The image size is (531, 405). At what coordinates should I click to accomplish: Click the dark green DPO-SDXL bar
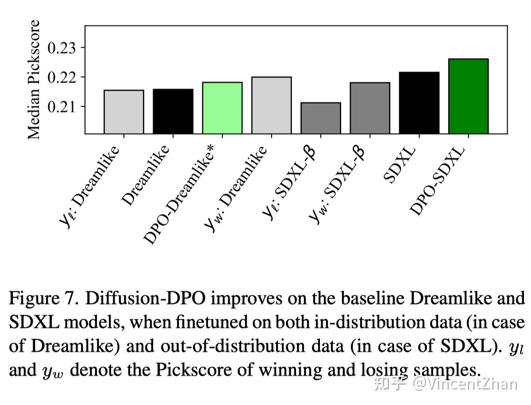click(468, 96)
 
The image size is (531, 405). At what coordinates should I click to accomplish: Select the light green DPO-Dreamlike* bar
click(222, 108)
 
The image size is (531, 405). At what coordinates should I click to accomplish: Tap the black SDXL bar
click(419, 103)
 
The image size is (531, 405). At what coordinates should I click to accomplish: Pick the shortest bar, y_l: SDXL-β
click(321, 118)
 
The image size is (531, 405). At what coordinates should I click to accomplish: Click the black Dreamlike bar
click(173, 111)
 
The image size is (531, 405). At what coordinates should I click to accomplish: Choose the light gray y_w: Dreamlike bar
click(271, 105)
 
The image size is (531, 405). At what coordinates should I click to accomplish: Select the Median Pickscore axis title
click(34, 80)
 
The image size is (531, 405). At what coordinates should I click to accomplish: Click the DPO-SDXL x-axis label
click(438, 181)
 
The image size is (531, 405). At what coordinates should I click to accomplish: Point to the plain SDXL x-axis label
click(400, 164)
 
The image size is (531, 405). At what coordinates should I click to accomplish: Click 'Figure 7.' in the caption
click(44, 299)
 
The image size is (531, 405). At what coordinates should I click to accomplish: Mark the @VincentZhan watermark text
click(465, 384)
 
